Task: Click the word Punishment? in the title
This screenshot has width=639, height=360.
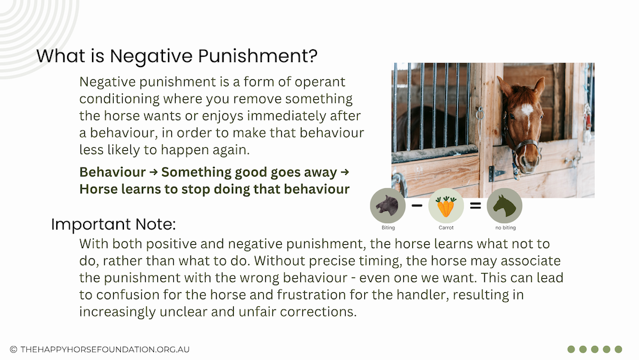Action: [258, 56]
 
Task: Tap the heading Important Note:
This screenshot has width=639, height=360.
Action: [113, 224]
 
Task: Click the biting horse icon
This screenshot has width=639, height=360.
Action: [388, 205]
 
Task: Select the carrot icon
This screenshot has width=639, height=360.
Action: [446, 205]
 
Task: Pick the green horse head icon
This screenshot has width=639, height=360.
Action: [504, 205]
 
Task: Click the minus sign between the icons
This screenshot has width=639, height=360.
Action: [417, 205]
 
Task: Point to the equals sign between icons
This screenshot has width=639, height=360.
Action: [475, 206]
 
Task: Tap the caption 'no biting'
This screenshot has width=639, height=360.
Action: [505, 228]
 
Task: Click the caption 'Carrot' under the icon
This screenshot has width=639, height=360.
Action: [446, 228]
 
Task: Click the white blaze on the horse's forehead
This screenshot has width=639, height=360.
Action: [527, 110]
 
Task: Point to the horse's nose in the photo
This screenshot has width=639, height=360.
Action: [529, 164]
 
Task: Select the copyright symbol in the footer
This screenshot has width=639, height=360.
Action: [13, 349]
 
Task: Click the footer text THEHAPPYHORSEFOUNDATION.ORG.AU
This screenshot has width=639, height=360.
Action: [105, 349]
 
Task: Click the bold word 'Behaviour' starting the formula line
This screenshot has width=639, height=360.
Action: [112, 172]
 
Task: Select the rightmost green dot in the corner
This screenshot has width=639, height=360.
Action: [618, 349]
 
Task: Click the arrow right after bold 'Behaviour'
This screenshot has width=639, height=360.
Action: [153, 172]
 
